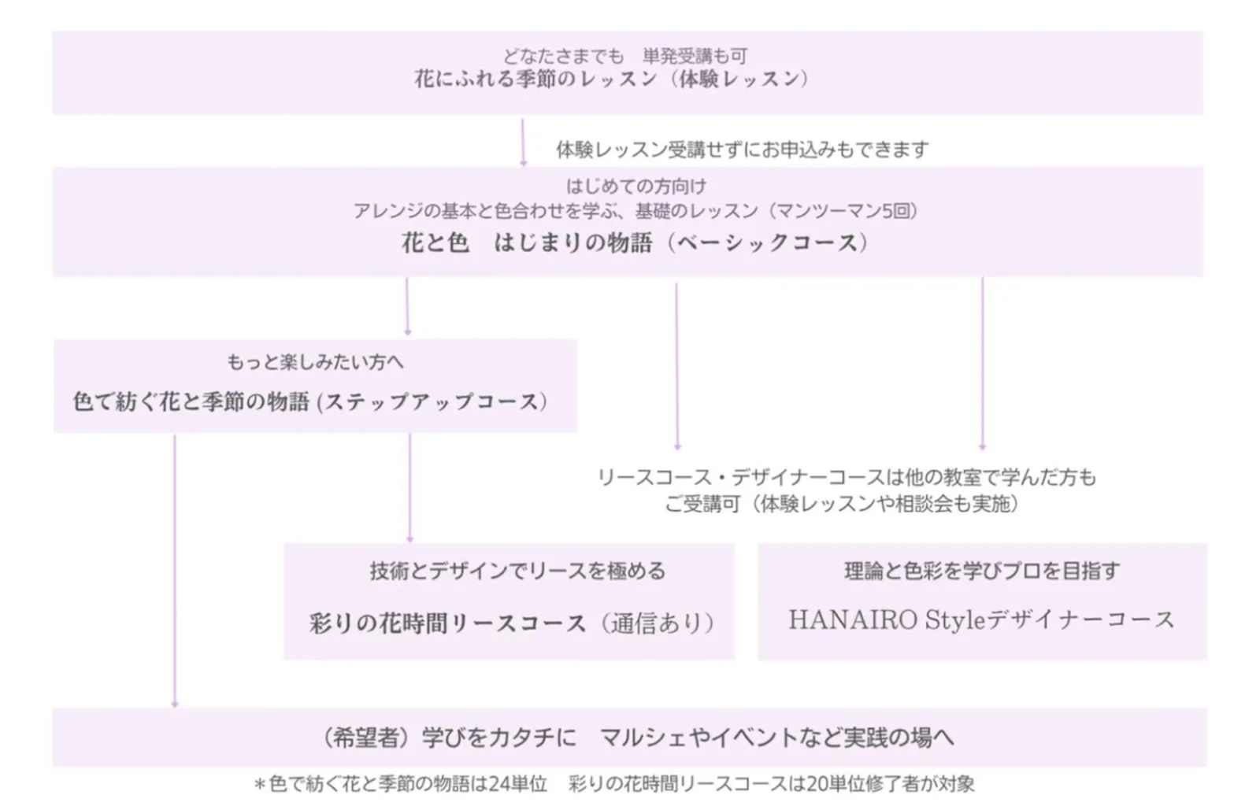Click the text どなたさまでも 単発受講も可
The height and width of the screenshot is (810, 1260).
[625, 56]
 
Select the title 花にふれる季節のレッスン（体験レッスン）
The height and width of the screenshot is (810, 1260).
[612, 80]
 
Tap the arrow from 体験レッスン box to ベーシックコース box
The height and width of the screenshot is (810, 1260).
[523, 142]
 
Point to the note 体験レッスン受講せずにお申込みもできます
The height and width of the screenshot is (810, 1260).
[742, 149]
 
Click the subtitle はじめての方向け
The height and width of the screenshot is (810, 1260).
[636, 187]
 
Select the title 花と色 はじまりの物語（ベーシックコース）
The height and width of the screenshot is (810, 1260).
[635, 242]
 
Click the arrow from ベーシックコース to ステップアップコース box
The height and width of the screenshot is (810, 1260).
[407, 305]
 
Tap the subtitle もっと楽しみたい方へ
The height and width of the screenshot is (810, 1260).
[315, 362]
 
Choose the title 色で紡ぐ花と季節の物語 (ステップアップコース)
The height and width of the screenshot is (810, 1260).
[310, 402]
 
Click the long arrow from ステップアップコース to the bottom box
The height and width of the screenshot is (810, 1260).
[175, 571]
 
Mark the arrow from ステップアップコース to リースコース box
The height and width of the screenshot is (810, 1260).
[409, 487]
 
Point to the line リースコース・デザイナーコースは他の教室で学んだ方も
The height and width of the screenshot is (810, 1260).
[846, 477]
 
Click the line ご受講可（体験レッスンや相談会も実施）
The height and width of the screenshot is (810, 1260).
[841, 504]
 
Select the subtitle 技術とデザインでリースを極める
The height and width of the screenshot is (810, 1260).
[517, 571]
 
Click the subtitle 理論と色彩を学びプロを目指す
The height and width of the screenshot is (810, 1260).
[981, 571]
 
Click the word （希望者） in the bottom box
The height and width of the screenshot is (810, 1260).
[368, 738]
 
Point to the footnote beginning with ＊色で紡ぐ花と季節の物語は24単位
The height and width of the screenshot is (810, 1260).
[614, 784]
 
